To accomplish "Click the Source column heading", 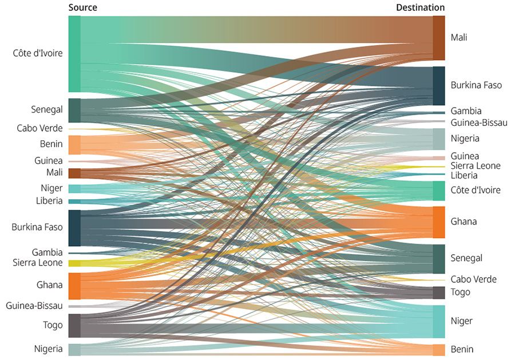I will tap(82, 7).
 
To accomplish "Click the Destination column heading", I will tap(420, 7).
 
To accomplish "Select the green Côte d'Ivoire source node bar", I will tap(74, 54).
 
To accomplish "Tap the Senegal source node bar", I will tap(74, 110).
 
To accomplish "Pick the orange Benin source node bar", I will tap(74, 145).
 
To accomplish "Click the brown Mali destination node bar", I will tap(438, 38).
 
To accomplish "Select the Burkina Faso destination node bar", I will tap(438, 85).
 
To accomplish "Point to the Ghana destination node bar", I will tap(438, 222).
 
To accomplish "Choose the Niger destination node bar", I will tap(438, 321).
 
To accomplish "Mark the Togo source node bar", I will tap(74, 326).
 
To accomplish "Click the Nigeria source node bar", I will tap(74, 349).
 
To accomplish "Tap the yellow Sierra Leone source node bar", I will tap(74, 263).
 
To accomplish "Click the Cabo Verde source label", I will tap(39, 128).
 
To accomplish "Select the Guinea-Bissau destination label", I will tap(478, 122).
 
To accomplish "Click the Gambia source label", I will tap(47, 252).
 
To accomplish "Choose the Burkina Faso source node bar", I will tap(74, 228).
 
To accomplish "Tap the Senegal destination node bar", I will tap(438, 259).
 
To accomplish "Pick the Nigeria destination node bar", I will tap(438, 139).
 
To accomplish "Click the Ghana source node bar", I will tap(74, 286).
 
